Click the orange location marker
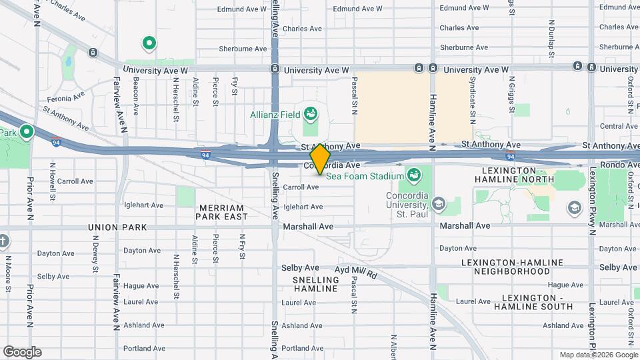(x=320, y=160)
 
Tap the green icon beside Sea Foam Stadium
(x=413, y=175)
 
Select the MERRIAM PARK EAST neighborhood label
(x=223, y=212)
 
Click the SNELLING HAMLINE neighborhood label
(x=315, y=284)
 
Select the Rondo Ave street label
(x=619, y=165)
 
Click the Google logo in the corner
(x=22, y=351)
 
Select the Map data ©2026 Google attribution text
(x=598, y=355)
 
